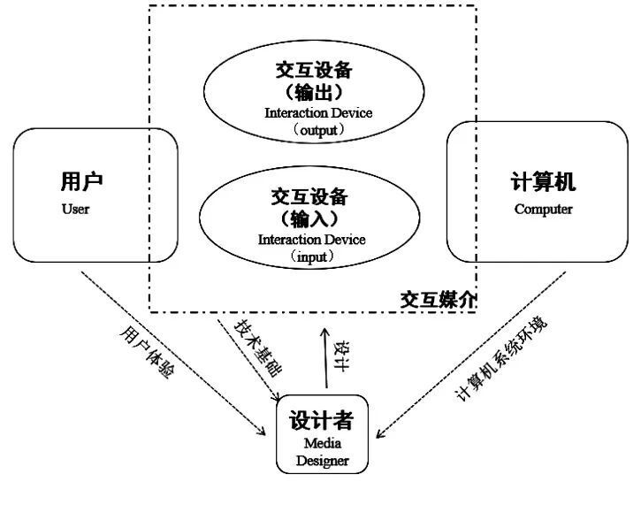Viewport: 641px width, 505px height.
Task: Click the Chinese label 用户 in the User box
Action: click(x=81, y=181)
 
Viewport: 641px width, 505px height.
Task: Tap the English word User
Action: click(x=76, y=209)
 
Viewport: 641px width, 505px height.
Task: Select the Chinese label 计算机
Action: click(x=543, y=181)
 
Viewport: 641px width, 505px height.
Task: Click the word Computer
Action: click(x=543, y=209)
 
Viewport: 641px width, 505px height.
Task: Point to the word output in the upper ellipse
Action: click(x=318, y=131)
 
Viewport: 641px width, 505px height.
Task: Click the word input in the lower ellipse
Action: click(x=312, y=257)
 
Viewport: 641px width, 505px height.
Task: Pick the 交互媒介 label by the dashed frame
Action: click(x=438, y=300)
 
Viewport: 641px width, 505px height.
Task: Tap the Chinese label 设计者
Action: click(x=321, y=419)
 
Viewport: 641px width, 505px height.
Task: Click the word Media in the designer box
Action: click(x=323, y=443)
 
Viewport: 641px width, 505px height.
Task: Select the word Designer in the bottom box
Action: click(x=323, y=461)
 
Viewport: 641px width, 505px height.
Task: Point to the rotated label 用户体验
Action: click(x=148, y=352)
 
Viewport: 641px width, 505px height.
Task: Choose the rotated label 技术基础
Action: click(x=258, y=348)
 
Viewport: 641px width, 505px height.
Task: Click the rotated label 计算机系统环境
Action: click(x=501, y=359)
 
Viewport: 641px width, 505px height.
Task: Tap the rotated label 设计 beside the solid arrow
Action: click(x=342, y=356)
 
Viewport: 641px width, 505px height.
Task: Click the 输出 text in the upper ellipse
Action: click(x=314, y=92)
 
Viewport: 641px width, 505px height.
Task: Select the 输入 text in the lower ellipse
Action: click(x=309, y=218)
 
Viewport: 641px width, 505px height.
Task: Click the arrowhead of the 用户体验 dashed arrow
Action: click(x=262, y=432)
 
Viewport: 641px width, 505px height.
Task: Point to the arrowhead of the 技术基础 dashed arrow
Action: click(x=276, y=397)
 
